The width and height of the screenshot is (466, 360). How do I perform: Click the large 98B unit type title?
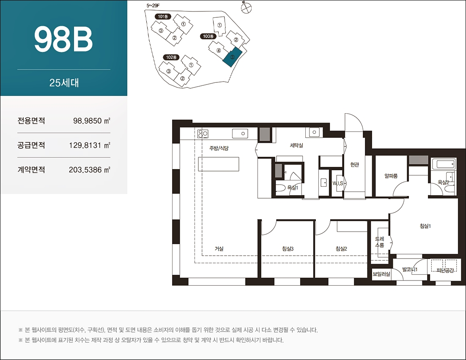(63, 39)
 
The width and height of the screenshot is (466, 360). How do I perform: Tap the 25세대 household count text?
(64, 82)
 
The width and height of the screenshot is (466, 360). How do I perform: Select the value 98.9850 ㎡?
(92, 121)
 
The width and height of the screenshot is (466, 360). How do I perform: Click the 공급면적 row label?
(31, 145)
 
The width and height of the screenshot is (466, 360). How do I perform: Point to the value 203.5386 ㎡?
(90, 170)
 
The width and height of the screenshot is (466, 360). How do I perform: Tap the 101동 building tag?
(163, 16)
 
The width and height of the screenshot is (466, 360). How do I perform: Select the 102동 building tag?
(171, 57)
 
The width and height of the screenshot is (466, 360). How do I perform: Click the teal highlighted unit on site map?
(233, 57)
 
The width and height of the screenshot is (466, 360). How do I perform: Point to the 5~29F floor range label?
(153, 5)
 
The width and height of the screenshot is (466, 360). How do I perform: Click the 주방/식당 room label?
(219, 147)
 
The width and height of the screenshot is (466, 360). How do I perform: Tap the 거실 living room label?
(219, 249)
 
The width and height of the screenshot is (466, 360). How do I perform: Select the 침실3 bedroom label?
(288, 249)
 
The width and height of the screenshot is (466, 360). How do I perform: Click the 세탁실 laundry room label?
(296, 145)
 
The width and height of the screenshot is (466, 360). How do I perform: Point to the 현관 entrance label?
(354, 164)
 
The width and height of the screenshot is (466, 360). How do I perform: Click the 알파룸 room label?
(391, 176)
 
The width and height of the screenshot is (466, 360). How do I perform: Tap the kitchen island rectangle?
(219, 164)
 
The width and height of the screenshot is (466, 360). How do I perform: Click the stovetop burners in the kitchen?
(203, 134)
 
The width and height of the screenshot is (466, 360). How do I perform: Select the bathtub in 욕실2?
(444, 164)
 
